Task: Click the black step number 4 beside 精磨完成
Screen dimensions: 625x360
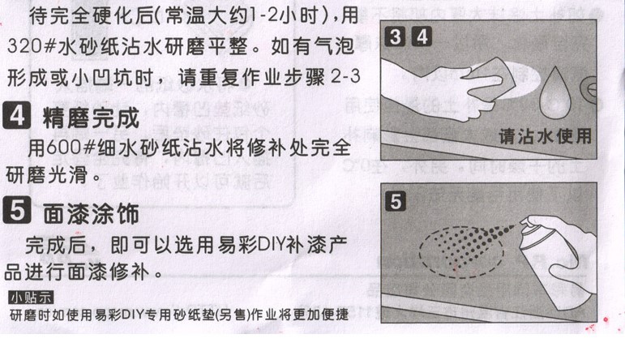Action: pos(17,116)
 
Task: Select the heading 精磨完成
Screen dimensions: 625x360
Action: pos(92,118)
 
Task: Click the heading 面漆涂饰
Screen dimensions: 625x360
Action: pos(92,213)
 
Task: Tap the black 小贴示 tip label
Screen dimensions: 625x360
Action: pos(31,297)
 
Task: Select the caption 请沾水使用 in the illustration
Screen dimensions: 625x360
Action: pos(545,136)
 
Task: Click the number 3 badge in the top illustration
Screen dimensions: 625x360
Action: pos(395,36)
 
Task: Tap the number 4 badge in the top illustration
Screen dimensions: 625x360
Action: pos(422,36)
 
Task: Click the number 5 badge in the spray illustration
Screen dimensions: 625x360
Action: pos(396,201)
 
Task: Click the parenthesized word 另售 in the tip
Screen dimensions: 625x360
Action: pos(233,315)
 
